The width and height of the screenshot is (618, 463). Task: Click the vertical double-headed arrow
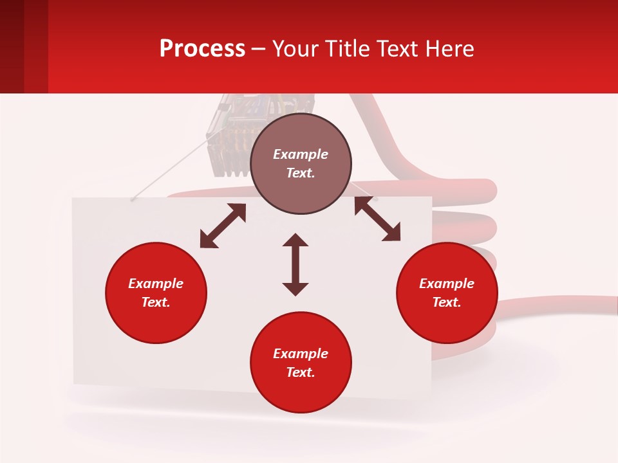point(295,265)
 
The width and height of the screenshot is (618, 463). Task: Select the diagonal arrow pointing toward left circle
point(223,226)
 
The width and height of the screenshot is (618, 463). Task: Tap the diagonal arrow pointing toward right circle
point(377,219)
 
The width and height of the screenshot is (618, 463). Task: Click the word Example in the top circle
point(301,154)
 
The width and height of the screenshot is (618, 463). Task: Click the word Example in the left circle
point(156,284)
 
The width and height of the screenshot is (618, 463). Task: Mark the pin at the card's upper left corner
point(132,199)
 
